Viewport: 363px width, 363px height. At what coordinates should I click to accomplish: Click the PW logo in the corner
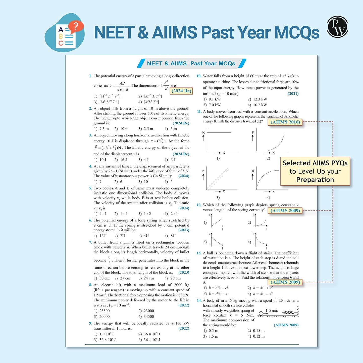coord(337,27)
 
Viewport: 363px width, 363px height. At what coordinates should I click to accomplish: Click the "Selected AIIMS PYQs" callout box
coord(315,171)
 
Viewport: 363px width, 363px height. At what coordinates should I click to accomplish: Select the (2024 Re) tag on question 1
coord(181,91)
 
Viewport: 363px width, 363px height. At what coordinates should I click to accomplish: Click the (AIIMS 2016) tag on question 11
coord(285,122)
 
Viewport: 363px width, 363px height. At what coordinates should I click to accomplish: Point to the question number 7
coord(90,242)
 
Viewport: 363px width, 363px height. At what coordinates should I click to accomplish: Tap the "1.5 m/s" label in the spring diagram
coord(272,310)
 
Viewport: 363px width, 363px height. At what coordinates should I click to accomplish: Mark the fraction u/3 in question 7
coord(110,260)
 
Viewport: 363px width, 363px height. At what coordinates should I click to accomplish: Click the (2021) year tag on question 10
coord(293,94)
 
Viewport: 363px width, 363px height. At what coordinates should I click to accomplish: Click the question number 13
coord(199,253)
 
